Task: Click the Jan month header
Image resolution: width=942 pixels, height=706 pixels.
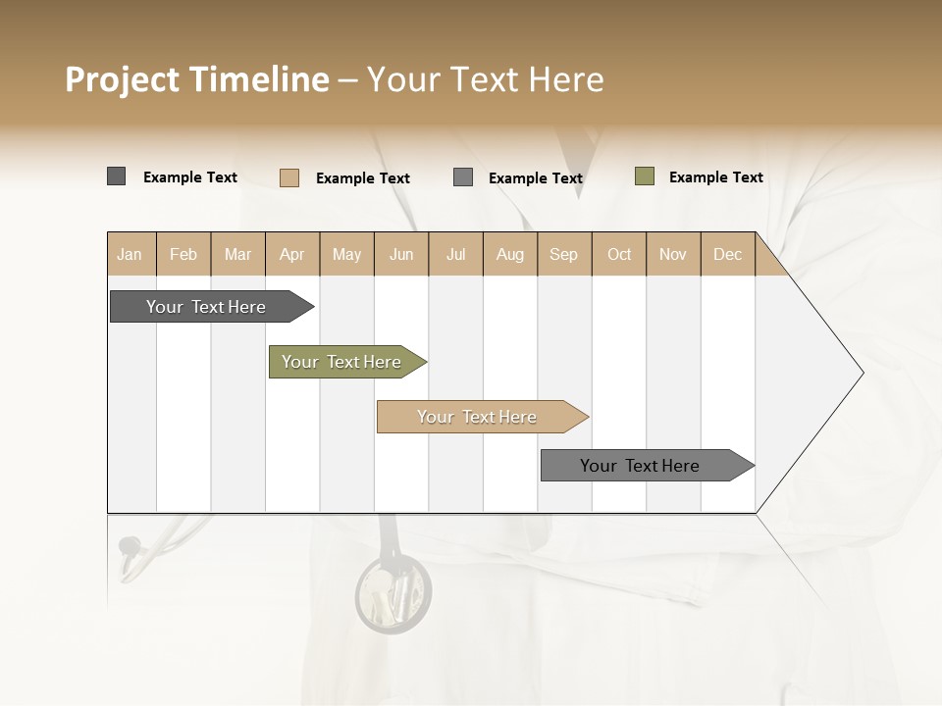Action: (131, 254)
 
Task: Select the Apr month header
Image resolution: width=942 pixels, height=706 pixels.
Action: (291, 254)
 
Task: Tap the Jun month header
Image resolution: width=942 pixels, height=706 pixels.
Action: (401, 254)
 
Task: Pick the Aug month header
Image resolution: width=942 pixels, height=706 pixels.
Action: (509, 254)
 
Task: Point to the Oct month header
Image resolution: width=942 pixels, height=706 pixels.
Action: (619, 254)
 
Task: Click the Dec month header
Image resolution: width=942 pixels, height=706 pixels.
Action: (727, 254)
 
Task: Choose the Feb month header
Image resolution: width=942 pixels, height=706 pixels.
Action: (183, 254)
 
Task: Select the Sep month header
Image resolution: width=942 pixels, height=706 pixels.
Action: (563, 254)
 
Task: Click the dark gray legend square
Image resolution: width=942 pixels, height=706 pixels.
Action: (116, 176)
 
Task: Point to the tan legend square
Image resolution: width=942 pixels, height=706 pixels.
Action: (289, 177)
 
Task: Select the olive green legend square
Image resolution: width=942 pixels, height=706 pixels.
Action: (645, 176)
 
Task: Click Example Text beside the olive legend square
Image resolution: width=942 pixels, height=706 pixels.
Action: (715, 177)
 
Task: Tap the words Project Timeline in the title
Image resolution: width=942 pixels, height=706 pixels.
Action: (196, 79)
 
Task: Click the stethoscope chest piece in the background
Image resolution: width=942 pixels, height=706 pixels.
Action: (392, 593)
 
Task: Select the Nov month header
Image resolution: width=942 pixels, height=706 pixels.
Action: (673, 254)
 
